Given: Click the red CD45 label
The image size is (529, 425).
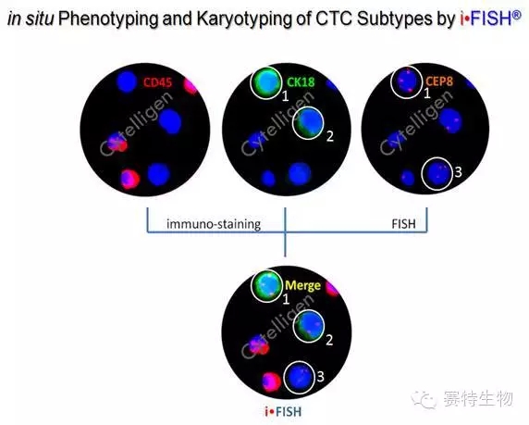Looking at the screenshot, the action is pyautogui.click(x=157, y=82).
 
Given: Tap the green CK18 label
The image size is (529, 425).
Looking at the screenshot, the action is pyautogui.click(x=301, y=81).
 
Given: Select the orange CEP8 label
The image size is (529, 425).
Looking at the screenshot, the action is pyautogui.click(x=439, y=81).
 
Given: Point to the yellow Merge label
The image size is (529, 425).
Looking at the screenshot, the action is pyautogui.click(x=302, y=285).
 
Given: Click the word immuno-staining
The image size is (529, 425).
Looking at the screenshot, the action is pyautogui.click(x=214, y=224).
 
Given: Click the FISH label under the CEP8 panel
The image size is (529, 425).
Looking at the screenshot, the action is pyautogui.click(x=403, y=224).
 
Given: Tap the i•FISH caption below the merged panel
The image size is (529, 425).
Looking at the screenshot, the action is pyautogui.click(x=283, y=411).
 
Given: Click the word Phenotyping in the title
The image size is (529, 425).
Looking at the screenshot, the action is pyautogui.click(x=108, y=19).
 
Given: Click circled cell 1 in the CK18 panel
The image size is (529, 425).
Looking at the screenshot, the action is pyautogui.click(x=265, y=83).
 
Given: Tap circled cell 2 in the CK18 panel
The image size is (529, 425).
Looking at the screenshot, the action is pyautogui.click(x=308, y=123).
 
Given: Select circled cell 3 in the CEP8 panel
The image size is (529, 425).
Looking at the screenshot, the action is pyautogui.click(x=437, y=174).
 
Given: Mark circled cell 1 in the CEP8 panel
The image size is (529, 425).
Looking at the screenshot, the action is pyautogui.click(x=407, y=82).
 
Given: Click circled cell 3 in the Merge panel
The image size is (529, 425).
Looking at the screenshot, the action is pyautogui.click(x=300, y=378).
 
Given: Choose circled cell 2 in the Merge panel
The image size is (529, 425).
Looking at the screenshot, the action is pyautogui.click(x=309, y=326).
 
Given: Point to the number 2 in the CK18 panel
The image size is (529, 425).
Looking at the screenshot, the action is pyautogui.click(x=330, y=136).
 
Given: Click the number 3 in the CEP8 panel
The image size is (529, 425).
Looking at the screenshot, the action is pyautogui.click(x=458, y=172).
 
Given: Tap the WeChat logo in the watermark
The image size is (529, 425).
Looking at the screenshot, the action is pyautogui.click(x=424, y=399).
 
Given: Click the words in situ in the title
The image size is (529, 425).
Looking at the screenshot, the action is pyautogui.click(x=31, y=19).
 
